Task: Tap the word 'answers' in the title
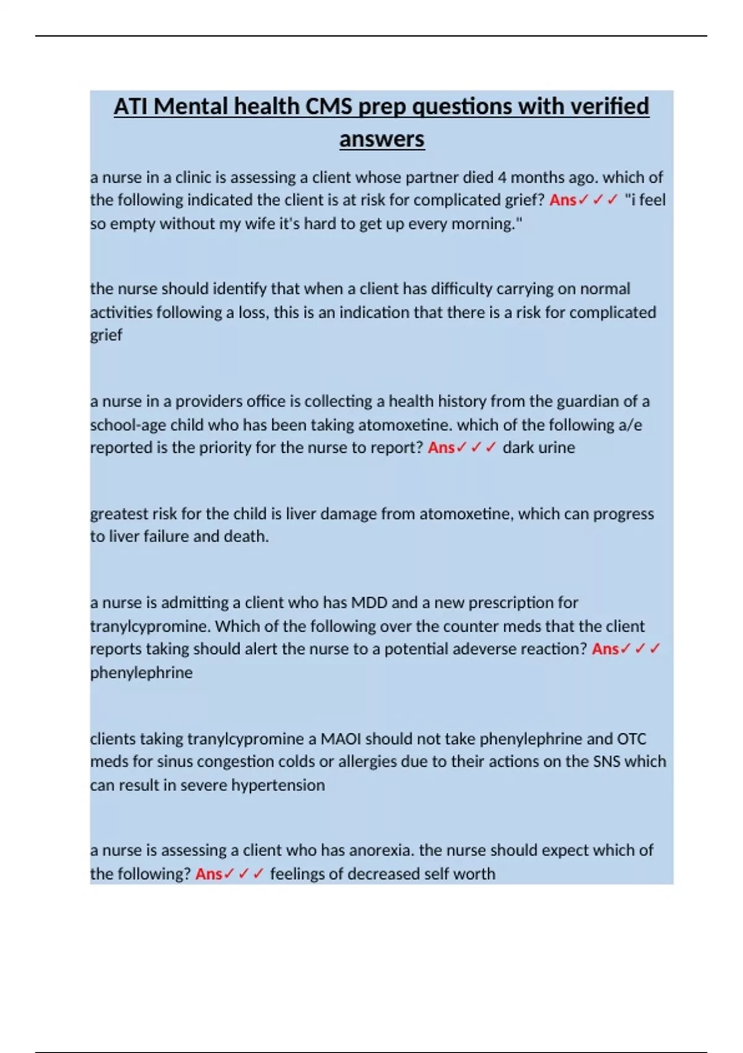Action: (381, 139)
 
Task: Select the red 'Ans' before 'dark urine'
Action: (441, 448)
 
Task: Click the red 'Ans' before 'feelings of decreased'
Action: (209, 874)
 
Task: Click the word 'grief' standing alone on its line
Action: (106, 335)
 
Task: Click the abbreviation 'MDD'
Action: (369, 603)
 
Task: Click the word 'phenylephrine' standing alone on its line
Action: (141, 673)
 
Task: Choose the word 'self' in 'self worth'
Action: (439, 874)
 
